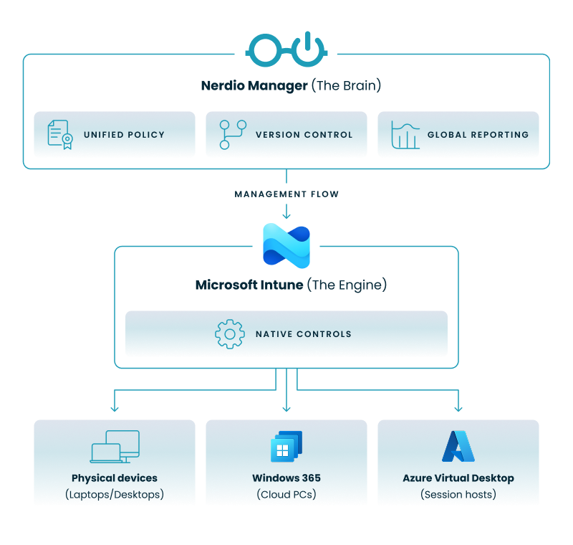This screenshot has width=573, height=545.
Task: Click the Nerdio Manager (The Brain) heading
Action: click(x=291, y=85)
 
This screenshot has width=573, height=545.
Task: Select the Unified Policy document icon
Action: click(x=59, y=135)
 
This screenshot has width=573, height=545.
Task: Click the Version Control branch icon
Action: click(x=231, y=135)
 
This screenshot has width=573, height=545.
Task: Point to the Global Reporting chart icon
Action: click(x=405, y=135)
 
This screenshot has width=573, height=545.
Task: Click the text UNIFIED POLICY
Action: click(x=124, y=135)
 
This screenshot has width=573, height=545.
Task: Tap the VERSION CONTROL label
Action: click(x=304, y=135)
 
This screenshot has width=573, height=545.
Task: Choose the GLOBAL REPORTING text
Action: click(x=478, y=135)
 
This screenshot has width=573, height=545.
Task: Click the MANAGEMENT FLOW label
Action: click(x=286, y=194)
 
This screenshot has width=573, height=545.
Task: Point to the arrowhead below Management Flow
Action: click(x=286, y=214)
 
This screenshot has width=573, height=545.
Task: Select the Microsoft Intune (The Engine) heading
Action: click(x=291, y=285)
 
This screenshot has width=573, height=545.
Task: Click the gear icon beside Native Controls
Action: click(x=229, y=333)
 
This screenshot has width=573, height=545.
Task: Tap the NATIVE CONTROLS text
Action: click(x=303, y=334)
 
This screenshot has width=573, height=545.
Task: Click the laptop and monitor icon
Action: click(x=115, y=447)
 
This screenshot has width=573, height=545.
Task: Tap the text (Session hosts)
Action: click(x=458, y=494)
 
